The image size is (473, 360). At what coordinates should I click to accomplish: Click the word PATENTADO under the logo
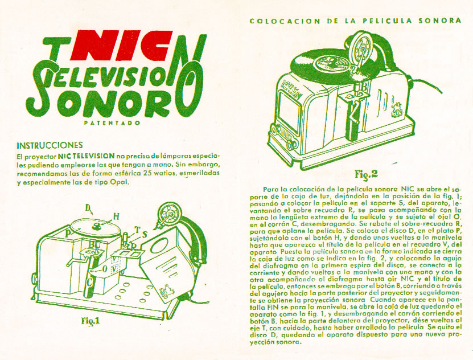[x=112, y=123]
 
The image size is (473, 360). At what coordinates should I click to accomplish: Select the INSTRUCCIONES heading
[x=50, y=145]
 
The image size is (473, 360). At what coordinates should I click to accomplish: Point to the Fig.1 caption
[x=91, y=321]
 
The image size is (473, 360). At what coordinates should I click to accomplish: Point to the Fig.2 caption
[x=366, y=174]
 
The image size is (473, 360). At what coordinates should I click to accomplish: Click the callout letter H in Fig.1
[x=116, y=216]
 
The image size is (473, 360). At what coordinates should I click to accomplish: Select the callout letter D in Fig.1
[x=88, y=208]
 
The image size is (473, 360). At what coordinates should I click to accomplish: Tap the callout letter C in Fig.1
[x=90, y=283]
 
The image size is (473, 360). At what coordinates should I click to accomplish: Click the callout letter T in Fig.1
[x=138, y=230]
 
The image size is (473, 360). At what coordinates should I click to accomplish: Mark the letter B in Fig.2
[x=364, y=87]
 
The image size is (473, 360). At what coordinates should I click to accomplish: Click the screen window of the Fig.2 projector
[x=289, y=111]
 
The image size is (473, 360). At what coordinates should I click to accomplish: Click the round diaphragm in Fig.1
[x=169, y=214]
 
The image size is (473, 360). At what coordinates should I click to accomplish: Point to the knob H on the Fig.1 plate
[x=97, y=226]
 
